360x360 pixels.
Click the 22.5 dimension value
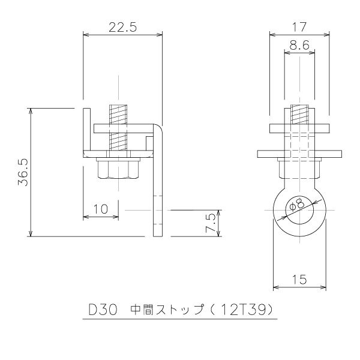tap(122, 27)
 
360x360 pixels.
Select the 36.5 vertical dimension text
tap(23, 172)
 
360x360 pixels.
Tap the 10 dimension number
tap(101, 209)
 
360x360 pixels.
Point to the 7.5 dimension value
tap(211, 223)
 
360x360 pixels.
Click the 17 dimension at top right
tap(299, 27)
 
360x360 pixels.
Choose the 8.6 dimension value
tap(299, 45)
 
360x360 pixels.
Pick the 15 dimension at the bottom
tap(299, 280)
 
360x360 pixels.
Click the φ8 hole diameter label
tap(298, 204)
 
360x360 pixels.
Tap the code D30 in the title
tap(103, 310)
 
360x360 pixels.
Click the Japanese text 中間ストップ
tap(167, 310)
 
